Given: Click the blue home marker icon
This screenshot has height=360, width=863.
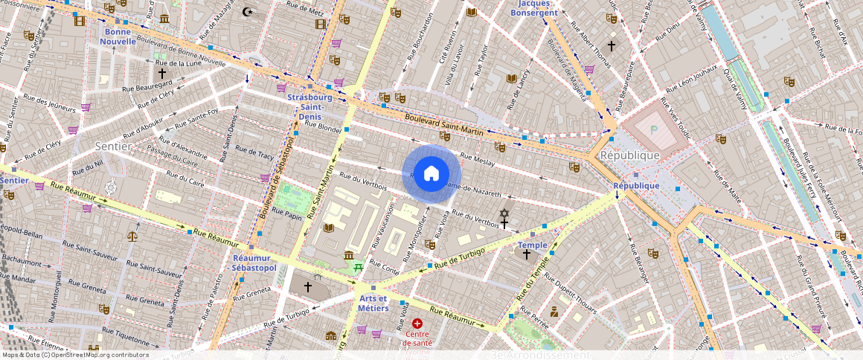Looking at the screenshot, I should pos(431,174).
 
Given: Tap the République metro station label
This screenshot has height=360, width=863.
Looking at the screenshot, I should pos(636,185).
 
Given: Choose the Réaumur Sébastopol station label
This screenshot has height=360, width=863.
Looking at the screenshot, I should pos(254,262).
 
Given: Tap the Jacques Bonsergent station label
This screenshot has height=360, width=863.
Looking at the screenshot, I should pos(550,8).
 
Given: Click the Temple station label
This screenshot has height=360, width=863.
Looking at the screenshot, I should pos(532,245).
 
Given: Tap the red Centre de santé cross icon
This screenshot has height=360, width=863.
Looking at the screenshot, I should pos(417,324).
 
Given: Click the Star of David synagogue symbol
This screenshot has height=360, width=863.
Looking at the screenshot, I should pos(504,213).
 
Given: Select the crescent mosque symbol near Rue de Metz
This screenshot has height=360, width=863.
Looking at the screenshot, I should pos(248,11).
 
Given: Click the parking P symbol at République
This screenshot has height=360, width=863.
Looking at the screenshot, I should pos(654,129).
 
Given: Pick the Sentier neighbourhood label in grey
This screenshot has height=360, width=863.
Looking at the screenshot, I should pos(113,147).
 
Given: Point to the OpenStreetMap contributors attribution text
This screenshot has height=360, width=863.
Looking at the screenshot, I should pos(75,355).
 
